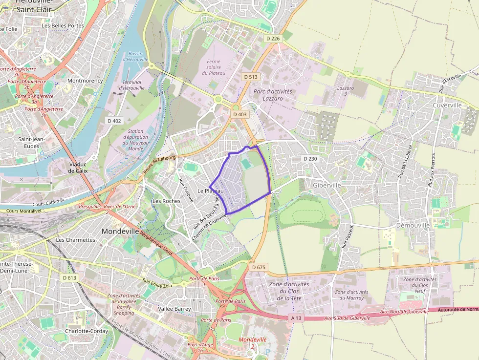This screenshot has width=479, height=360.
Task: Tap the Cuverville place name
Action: point(447,106)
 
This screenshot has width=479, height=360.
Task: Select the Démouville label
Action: point(413,225)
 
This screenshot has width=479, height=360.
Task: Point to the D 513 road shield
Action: point(251,77)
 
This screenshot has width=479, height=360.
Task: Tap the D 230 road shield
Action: point(310,159)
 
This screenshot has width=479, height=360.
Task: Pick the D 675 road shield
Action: point(259,267)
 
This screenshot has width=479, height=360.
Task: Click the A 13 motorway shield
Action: point(297,318)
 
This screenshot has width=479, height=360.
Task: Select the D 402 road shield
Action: point(114,121)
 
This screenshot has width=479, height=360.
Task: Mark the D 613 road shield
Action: point(70,277)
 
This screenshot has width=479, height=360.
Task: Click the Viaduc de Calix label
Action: point(78,168)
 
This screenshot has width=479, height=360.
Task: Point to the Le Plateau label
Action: point(211,191)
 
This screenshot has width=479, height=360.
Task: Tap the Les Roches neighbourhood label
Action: point(166,201)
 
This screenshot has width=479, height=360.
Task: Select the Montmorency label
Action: point(85,81)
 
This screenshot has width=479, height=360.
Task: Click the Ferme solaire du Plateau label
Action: point(214,67)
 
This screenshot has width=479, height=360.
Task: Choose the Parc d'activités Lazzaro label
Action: point(273,95)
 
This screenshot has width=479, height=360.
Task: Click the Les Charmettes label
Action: point(75,240)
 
